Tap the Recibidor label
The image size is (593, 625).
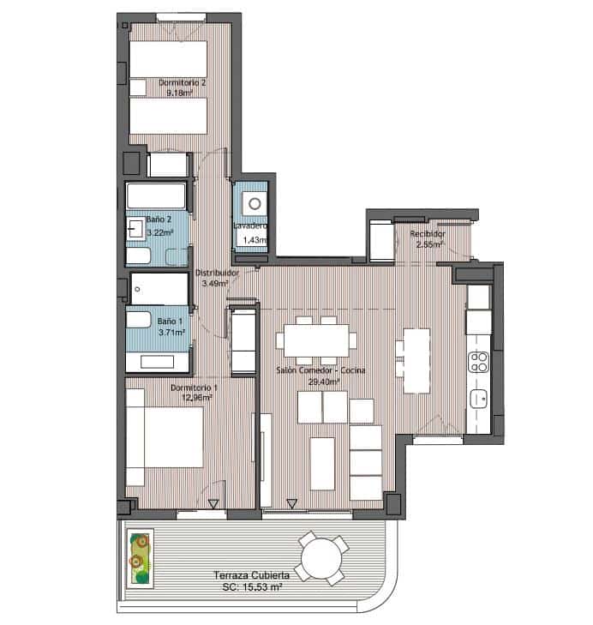tap(425, 233)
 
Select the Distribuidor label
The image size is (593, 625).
tap(214, 273)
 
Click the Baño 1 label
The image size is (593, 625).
tap(168, 322)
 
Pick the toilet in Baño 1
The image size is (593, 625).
tap(139, 321)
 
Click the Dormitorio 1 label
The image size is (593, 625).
tap(194, 388)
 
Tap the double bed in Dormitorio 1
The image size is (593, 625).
tap(165, 446)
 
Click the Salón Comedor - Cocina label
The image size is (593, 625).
tap(321, 370)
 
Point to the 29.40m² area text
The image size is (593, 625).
tap(321, 381)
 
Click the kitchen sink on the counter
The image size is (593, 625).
tap(479, 398)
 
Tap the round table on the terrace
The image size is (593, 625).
tap(322, 556)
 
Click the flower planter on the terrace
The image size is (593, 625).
tap(140, 556)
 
